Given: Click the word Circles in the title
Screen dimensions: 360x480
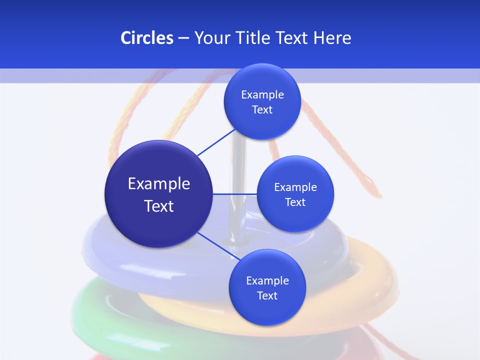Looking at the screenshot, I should click(146, 38).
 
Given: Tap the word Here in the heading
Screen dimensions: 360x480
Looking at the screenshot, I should click(332, 38).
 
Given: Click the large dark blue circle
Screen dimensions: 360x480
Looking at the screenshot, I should click(158, 222).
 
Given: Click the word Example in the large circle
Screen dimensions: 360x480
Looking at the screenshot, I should click(159, 183).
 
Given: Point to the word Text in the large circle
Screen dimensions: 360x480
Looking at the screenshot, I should click(159, 206).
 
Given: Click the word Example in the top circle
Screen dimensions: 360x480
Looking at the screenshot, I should click(262, 94).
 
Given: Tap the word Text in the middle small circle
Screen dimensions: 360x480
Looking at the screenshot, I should click(295, 202).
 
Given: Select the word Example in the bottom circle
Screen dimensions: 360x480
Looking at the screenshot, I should click(267, 280).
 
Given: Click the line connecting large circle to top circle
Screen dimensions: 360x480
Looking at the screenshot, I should click(216, 142).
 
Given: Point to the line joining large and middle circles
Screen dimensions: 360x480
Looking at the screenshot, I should click(235, 193).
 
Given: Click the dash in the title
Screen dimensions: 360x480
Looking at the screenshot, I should click(183, 38).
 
